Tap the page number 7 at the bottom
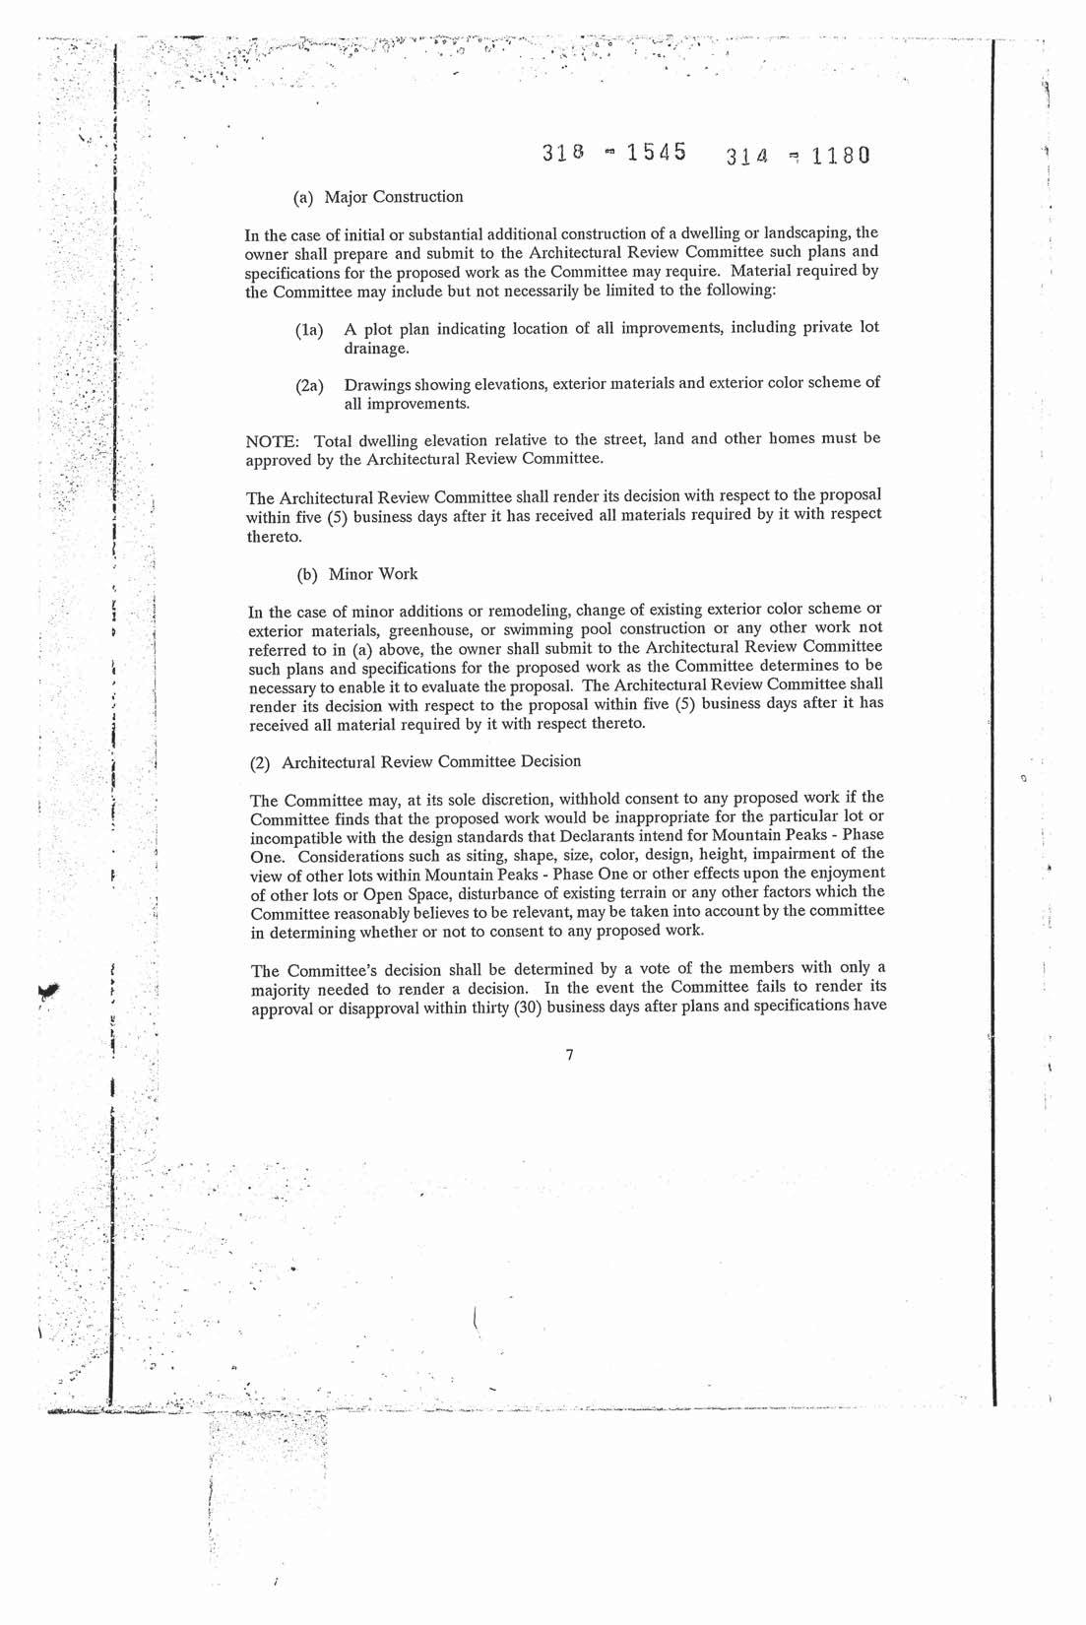click(x=569, y=1056)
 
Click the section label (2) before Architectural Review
click(x=261, y=762)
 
